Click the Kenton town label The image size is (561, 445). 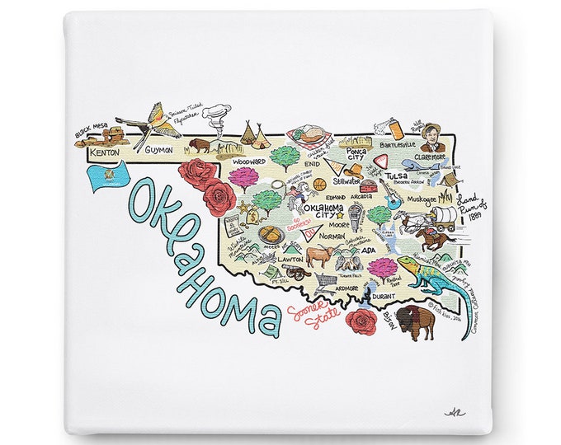[105, 153]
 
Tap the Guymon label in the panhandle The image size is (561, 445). [158, 151]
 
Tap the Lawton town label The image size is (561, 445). [290, 259]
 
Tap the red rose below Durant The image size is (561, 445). [361, 321]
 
